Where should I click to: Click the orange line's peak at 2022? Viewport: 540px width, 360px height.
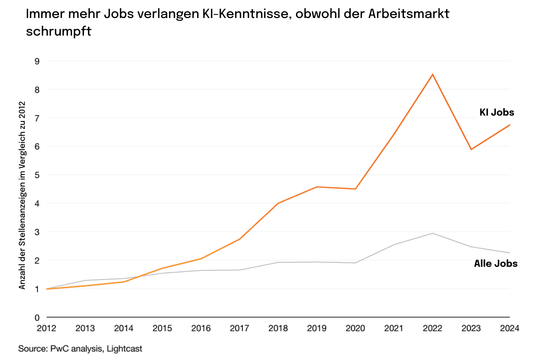pos(432,74)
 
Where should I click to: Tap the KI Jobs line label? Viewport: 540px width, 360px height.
pos(497,112)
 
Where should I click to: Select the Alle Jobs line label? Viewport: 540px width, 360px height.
pos(496,264)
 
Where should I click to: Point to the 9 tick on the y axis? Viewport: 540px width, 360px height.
pos(37,61)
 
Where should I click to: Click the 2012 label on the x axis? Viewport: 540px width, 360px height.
pos(46,328)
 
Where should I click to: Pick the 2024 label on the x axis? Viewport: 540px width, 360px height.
pos(509,328)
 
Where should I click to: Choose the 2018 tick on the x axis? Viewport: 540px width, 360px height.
pos(278,328)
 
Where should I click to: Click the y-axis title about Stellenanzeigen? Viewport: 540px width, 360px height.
pos(22,195)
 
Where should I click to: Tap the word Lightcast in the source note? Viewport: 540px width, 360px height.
pos(124,349)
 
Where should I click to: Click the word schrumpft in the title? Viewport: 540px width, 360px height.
pos(59,31)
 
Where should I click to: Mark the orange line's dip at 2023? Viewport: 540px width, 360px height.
pos(471,149)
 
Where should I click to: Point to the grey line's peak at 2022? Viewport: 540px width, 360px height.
pos(432,233)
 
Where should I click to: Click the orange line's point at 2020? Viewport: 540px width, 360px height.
pos(355,189)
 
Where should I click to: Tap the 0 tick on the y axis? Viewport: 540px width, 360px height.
pos(37,318)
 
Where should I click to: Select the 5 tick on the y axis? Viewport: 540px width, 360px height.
pos(37,175)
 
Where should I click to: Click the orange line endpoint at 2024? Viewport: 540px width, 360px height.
pos(509,125)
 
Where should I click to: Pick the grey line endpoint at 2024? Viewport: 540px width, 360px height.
pos(509,253)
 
